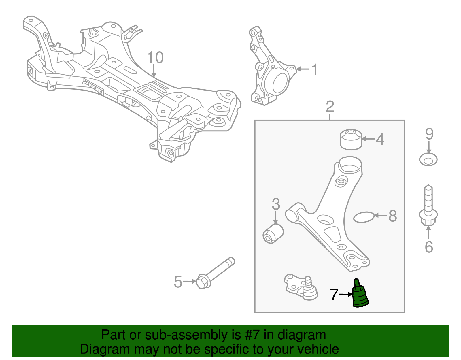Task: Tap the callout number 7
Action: click(x=334, y=295)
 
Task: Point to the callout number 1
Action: click(x=315, y=69)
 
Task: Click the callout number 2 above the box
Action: click(x=330, y=107)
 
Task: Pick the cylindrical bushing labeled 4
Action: click(x=351, y=140)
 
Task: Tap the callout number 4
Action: click(x=380, y=139)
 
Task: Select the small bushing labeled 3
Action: click(x=273, y=234)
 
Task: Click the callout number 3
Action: click(x=276, y=204)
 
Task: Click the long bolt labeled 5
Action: click(x=216, y=272)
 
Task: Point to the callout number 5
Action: click(x=178, y=282)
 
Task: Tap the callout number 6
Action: click(x=429, y=247)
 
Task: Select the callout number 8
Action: click(x=392, y=216)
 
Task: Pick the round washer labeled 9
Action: click(x=428, y=160)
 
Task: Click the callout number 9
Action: click(x=429, y=134)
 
